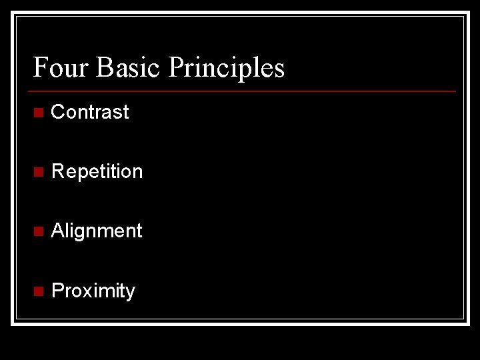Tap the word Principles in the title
[227, 67]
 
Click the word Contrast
[90, 112]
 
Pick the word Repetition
[97, 171]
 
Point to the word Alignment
[97, 231]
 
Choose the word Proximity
[93, 291]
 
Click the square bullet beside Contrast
[38, 113]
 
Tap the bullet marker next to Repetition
[38, 172]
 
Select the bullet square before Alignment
[38, 231]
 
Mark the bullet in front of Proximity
[38, 291]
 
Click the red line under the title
[244, 91]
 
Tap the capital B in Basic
[104, 67]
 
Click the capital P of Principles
[177, 67]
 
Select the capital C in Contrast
[58, 112]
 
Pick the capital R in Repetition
[58, 171]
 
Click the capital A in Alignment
[57, 231]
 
